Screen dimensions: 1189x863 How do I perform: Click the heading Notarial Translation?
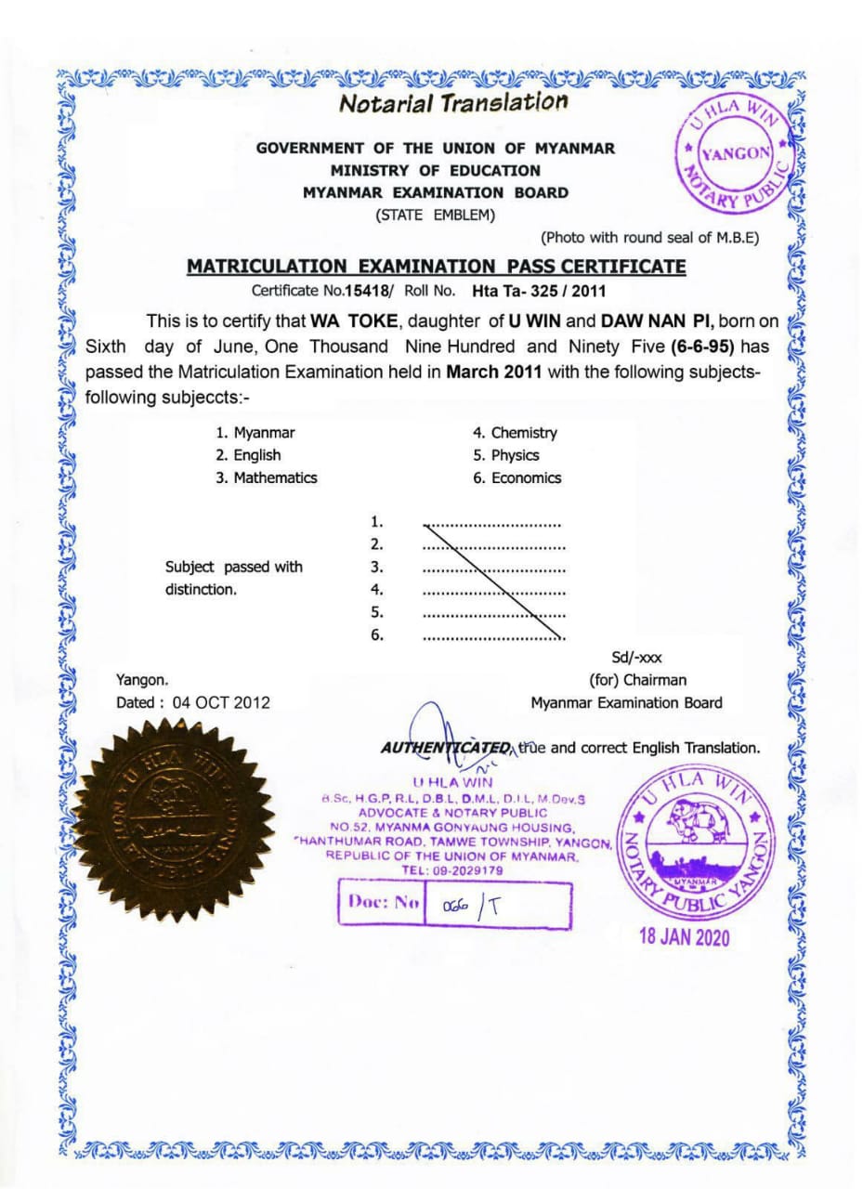(452, 102)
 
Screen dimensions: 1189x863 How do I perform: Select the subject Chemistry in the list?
(524, 433)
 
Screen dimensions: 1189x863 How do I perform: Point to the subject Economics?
(526, 478)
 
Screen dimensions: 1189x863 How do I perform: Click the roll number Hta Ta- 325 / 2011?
(539, 291)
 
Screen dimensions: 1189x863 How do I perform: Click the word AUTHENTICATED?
(446, 748)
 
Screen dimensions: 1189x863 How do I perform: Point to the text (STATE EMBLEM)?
(436, 216)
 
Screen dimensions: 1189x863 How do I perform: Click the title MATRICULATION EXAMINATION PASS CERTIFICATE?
(437, 268)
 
